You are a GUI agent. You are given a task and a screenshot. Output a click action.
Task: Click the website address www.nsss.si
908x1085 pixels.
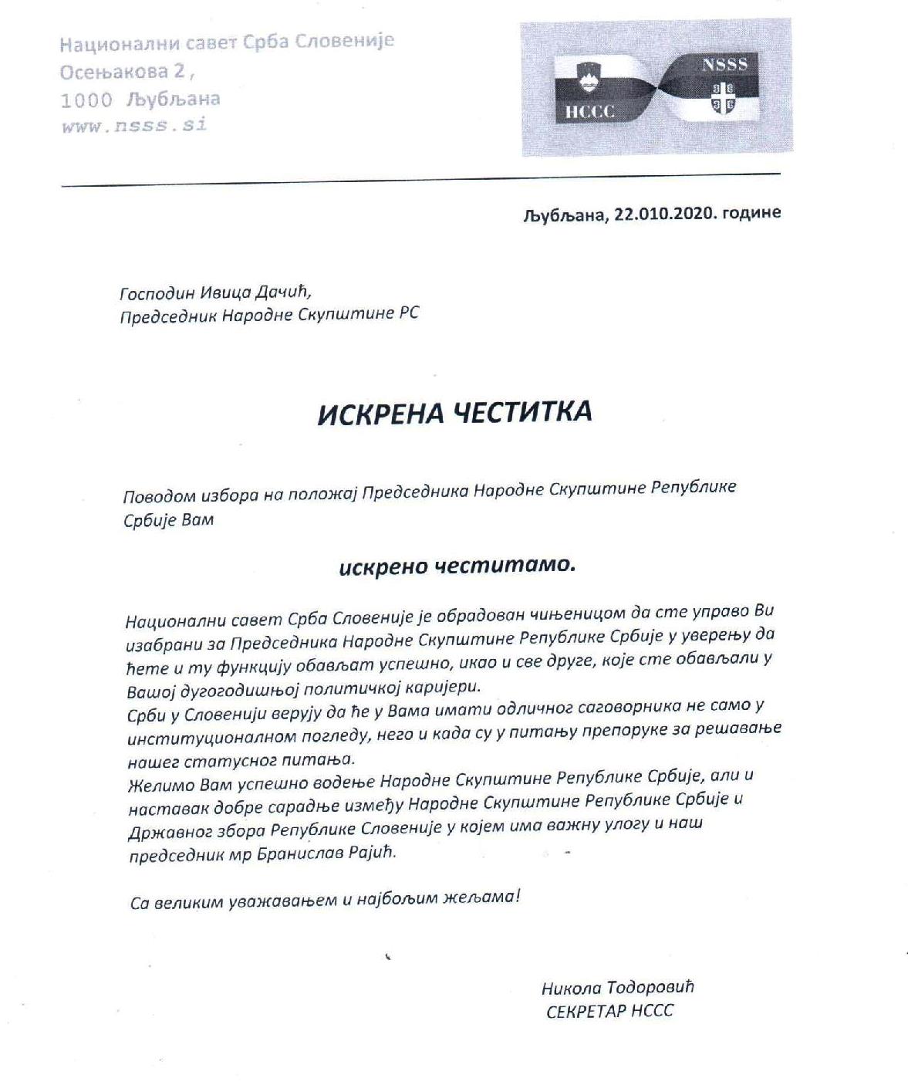pos(134,126)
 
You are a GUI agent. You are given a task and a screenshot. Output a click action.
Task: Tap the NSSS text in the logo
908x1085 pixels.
pos(724,65)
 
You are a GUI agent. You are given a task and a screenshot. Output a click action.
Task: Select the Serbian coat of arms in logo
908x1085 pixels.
pos(724,96)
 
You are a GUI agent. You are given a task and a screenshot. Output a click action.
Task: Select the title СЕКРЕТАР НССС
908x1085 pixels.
pos(609,1012)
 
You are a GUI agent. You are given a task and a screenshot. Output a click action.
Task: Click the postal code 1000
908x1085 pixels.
pos(86,100)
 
